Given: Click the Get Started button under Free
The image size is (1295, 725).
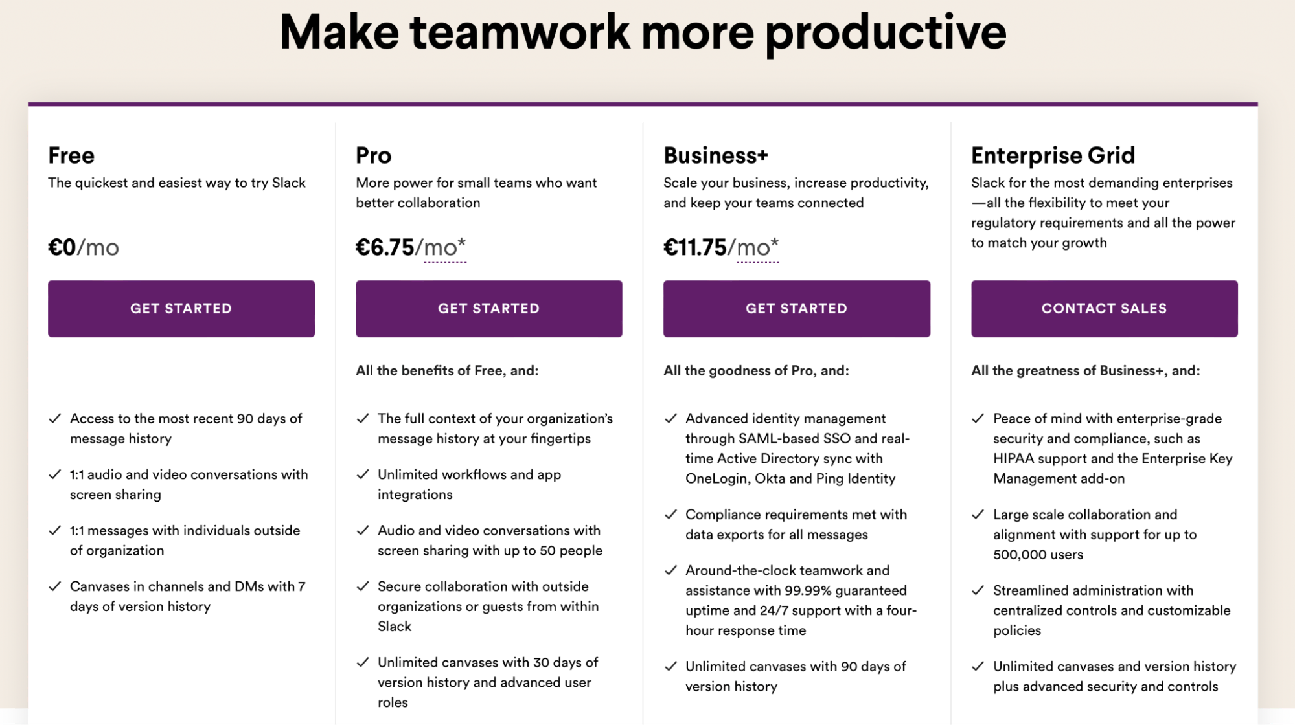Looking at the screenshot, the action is tap(181, 308).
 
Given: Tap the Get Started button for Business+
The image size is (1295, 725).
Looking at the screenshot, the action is tap(796, 308).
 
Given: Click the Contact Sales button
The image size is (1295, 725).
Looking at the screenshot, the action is tap(1104, 308).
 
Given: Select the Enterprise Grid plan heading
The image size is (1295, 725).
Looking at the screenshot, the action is tap(1053, 155).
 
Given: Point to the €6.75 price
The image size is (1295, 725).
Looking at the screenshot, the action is tap(385, 247).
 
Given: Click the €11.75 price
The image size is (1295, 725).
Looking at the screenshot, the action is tap(695, 247).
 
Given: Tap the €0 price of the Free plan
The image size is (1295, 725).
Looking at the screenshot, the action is tap(62, 247).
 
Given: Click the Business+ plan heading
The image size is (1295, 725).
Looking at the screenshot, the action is tap(715, 155).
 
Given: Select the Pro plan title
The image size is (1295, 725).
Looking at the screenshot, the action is tap(373, 155).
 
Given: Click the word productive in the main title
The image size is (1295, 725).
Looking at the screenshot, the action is tap(886, 32).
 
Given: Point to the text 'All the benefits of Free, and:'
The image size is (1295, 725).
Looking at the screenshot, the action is tap(447, 370).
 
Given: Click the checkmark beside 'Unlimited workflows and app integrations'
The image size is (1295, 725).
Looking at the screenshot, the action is tap(363, 474).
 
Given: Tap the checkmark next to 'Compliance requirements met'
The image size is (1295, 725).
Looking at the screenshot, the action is tap(670, 515).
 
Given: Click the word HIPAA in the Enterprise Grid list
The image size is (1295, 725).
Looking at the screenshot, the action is tap(1014, 458).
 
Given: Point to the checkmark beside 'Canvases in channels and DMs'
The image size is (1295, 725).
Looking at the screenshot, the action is tap(55, 586).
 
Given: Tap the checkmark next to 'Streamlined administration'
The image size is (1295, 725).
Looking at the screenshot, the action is tap(978, 590).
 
